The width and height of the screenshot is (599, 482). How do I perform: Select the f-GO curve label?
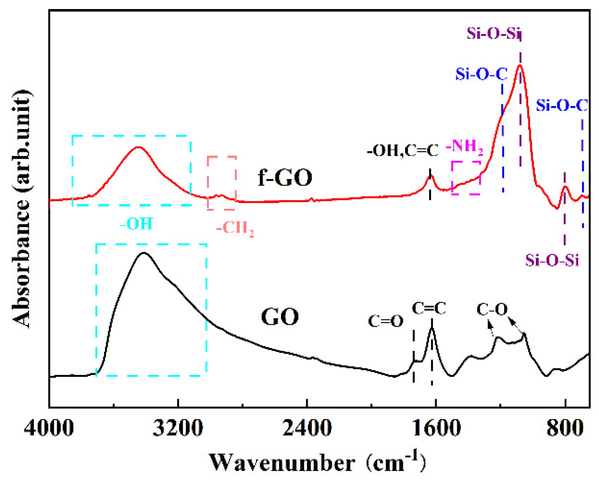285,177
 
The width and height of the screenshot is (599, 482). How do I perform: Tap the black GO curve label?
280,316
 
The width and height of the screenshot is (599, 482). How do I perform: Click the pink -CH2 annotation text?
235,228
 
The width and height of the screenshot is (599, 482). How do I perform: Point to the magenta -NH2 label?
464,147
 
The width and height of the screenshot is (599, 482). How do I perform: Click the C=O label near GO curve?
385,321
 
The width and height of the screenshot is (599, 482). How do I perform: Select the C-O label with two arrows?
492,310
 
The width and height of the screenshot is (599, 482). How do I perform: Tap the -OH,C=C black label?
402,151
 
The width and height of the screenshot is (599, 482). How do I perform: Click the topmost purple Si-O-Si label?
494,33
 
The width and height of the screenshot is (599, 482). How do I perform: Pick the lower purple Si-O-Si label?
552,260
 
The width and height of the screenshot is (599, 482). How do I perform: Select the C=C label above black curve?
429,308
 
